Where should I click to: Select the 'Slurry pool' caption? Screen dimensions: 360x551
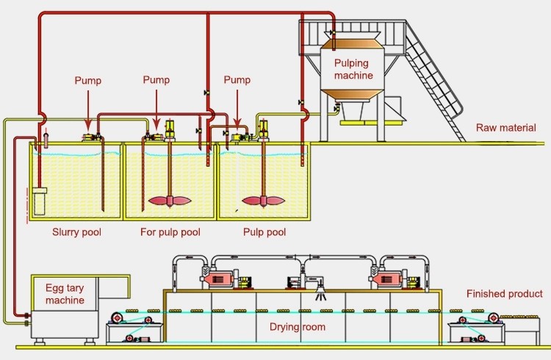click(x=76, y=233)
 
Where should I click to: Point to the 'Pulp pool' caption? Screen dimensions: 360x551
click(x=264, y=233)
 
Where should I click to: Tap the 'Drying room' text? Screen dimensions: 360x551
click(x=297, y=326)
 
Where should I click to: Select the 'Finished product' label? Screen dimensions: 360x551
click(x=505, y=294)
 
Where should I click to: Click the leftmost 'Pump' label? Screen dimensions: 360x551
click(x=88, y=80)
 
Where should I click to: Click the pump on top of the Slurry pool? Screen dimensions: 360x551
click(x=92, y=137)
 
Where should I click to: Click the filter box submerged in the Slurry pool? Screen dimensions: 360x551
click(x=40, y=201)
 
